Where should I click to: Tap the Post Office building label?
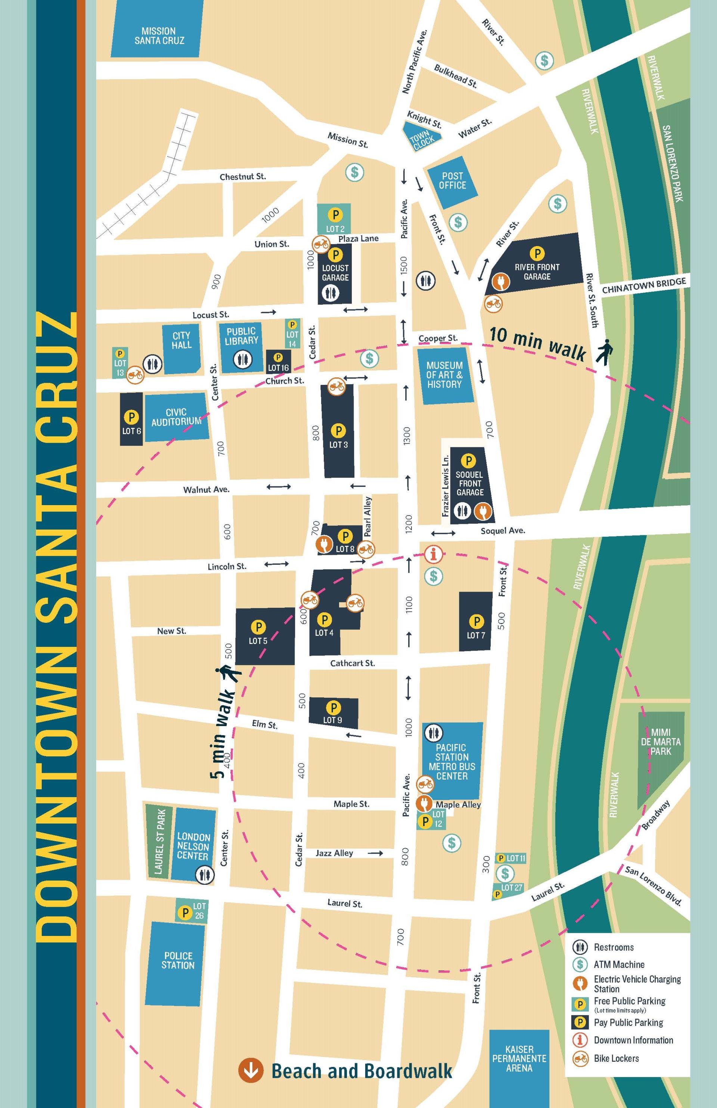tap(453, 181)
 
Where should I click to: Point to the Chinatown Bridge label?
tap(644, 285)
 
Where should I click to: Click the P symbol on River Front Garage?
tap(537, 253)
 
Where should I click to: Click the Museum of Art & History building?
tap(445, 374)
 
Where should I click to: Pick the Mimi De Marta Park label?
tap(660, 742)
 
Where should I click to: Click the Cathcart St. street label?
tap(353, 663)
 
